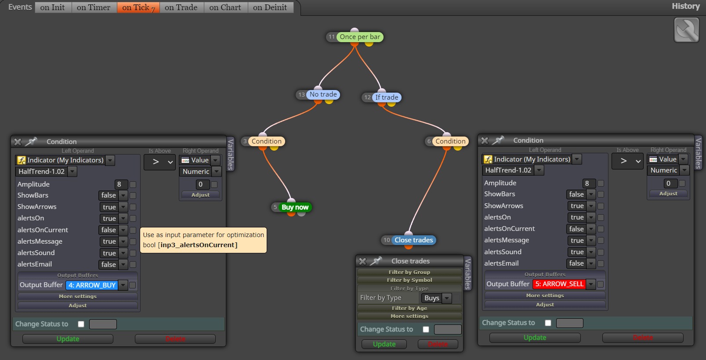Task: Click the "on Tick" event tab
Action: point(138,7)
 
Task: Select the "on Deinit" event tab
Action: point(270,7)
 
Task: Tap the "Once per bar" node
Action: point(360,37)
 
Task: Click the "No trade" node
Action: point(323,94)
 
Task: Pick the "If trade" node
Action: point(387,97)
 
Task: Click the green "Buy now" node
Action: point(295,207)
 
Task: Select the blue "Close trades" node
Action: point(413,240)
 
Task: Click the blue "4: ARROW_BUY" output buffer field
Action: point(92,285)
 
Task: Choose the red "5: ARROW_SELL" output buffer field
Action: point(559,284)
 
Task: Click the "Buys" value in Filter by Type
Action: point(432,298)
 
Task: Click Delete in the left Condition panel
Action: point(175,339)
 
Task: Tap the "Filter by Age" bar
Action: point(409,308)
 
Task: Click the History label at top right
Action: point(686,6)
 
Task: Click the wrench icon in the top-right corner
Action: point(687,30)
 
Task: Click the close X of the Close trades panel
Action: point(363,261)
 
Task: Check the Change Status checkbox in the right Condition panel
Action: point(548,323)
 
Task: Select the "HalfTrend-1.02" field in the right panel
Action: point(508,170)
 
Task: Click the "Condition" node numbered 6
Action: point(450,141)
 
